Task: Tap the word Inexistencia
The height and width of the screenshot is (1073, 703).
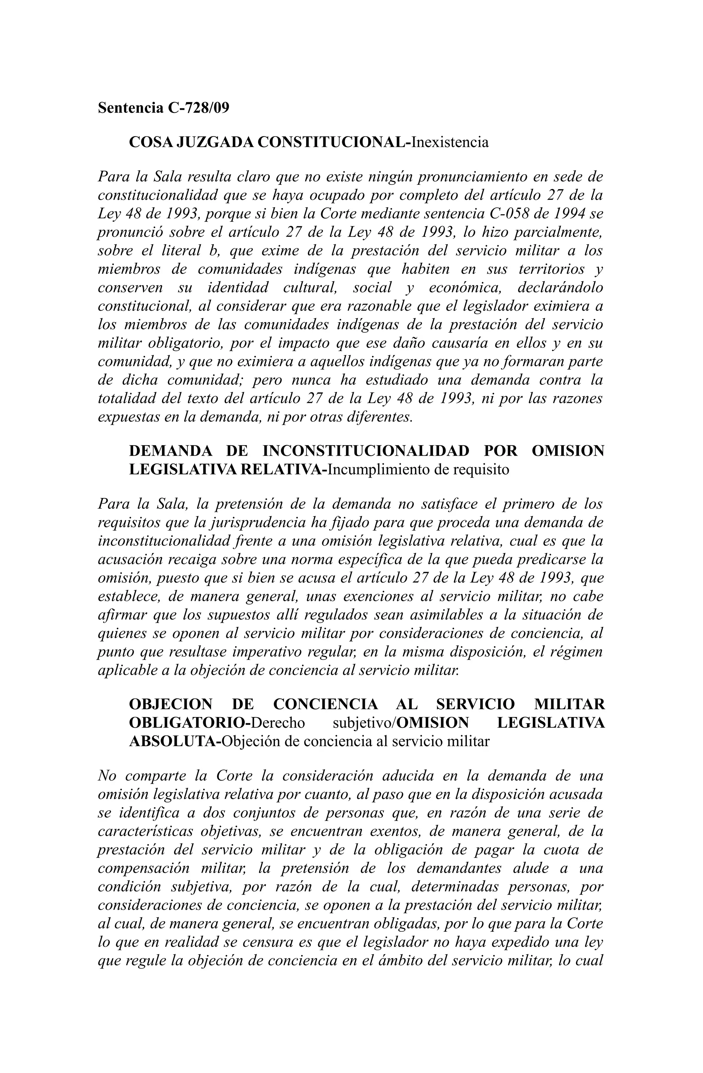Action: (x=450, y=142)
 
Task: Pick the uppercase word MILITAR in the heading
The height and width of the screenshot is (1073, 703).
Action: (x=569, y=704)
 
